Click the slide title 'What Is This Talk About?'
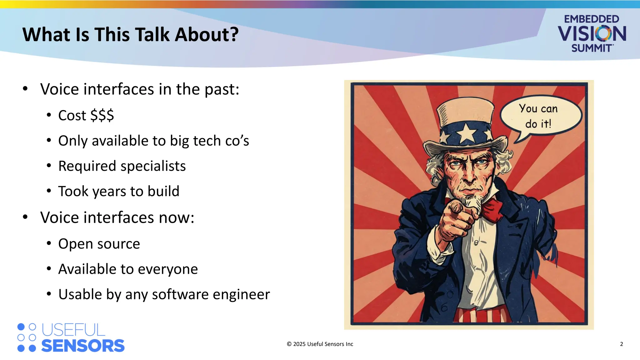coord(130,34)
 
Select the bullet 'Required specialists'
coord(122,166)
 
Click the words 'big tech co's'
coord(209,141)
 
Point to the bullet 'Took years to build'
coord(119,191)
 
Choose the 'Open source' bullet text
coord(99,244)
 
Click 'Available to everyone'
coord(128,269)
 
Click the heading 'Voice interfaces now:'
coord(117,217)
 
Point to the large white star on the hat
coord(467,132)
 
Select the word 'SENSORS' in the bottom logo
coord(83,346)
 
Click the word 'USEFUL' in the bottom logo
coord(73,330)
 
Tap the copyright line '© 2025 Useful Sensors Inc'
coord(320,344)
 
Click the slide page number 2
coord(621,344)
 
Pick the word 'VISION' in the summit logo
coord(592,34)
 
